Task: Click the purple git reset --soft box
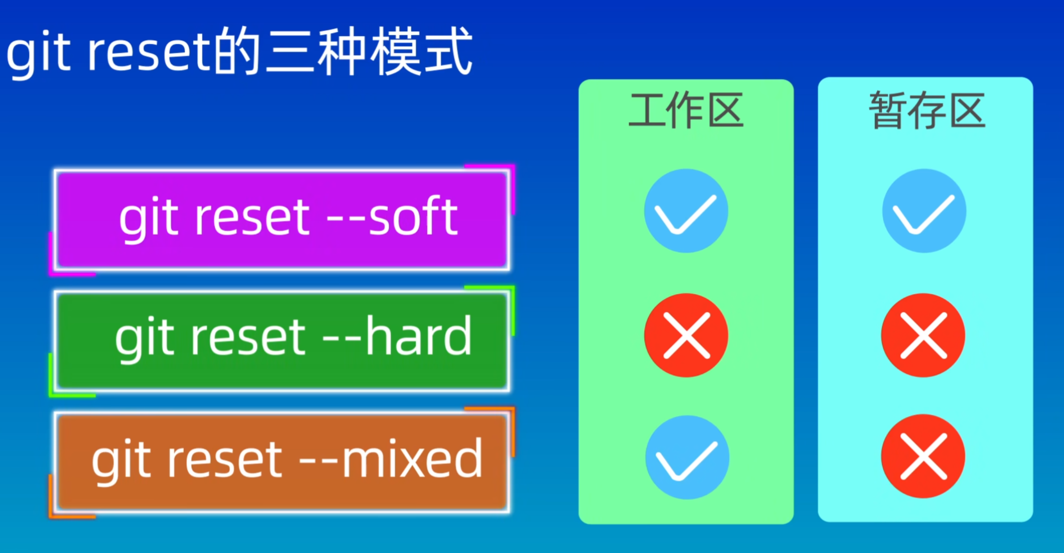pyautogui.click(x=282, y=219)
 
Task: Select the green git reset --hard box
pyautogui.click(x=282, y=340)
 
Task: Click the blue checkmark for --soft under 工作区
pyautogui.click(x=686, y=211)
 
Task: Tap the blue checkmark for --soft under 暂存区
pyautogui.click(x=924, y=211)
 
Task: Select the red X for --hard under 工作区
pyautogui.click(x=686, y=335)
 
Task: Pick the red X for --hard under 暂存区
pyautogui.click(x=923, y=335)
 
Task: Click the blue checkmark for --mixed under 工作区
pyautogui.click(x=687, y=457)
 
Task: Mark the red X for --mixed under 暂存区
pyautogui.click(x=923, y=456)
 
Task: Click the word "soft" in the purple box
pyautogui.click(x=413, y=217)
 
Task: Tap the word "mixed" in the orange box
pyautogui.click(x=412, y=459)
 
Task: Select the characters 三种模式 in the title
pyautogui.click(x=368, y=51)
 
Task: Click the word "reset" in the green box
pyautogui.click(x=248, y=338)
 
